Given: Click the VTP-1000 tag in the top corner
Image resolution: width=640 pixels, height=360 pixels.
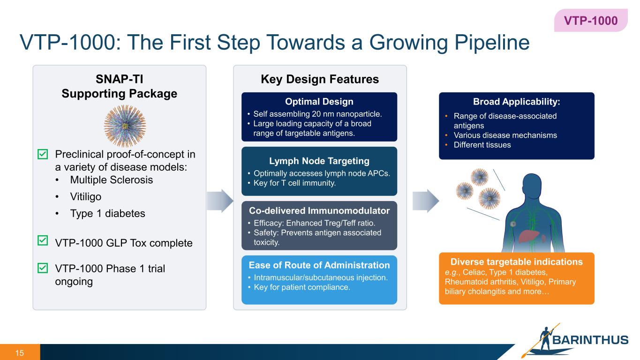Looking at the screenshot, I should (x=590, y=21).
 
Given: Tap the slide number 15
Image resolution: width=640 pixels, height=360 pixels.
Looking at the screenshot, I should (x=20, y=352).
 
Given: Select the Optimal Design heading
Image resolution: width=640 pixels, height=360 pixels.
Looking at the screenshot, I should (x=319, y=102).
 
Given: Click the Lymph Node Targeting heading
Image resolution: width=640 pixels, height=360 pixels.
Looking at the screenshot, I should (x=319, y=161).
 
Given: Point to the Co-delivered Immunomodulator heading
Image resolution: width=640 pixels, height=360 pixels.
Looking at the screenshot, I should (x=319, y=211).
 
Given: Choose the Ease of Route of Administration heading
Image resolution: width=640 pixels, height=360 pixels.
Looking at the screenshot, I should (x=319, y=265).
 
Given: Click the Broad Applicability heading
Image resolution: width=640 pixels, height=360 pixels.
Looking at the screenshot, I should (x=516, y=102).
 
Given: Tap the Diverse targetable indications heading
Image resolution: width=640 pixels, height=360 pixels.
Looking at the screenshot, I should (x=516, y=262).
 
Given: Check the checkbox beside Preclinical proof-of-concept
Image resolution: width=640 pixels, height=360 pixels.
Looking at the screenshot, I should (x=42, y=154).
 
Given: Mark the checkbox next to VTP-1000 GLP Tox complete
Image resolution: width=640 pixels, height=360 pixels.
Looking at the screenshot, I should (x=42, y=241).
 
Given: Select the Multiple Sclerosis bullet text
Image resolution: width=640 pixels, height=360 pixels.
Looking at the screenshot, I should (x=111, y=180).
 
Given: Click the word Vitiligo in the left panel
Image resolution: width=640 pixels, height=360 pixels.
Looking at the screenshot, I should (x=85, y=196).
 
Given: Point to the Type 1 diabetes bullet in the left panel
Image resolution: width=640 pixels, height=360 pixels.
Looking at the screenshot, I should (x=107, y=213).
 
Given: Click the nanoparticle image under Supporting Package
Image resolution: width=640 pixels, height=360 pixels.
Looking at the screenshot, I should (x=125, y=126).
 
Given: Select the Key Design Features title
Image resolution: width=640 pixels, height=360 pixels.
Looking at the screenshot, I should (x=319, y=80).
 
